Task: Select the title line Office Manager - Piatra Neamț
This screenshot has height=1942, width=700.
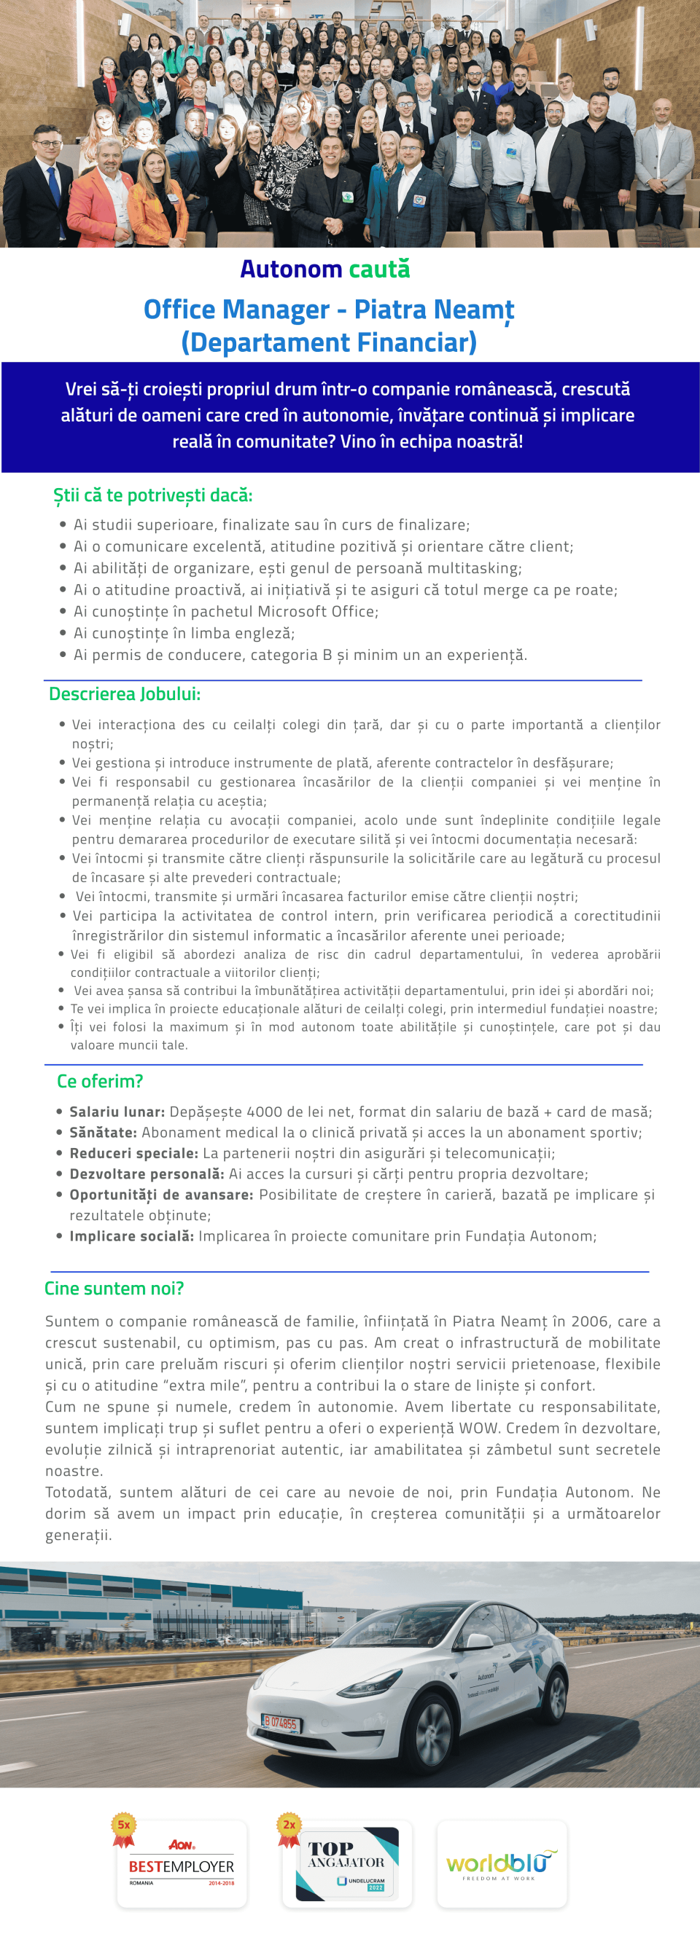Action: click(x=329, y=310)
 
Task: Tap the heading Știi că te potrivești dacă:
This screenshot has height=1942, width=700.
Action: click(x=152, y=495)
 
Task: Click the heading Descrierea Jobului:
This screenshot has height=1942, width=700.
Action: click(x=125, y=693)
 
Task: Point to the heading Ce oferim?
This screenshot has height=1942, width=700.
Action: click(x=100, y=1081)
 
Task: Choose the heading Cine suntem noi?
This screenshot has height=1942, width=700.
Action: click(x=114, y=1289)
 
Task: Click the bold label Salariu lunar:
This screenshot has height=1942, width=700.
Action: click(x=117, y=1112)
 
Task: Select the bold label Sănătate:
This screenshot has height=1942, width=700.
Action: click(x=104, y=1132)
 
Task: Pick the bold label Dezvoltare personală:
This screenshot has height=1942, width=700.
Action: click(x=147, y=1174)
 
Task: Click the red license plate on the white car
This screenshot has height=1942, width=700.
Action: click(x=281, y=1723)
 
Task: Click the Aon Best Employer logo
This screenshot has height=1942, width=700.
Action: click(x=181, y=1863)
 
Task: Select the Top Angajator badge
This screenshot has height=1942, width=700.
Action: click(x=347, y=1863)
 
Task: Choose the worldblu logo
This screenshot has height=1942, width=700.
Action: click(x=502, y=1863)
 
